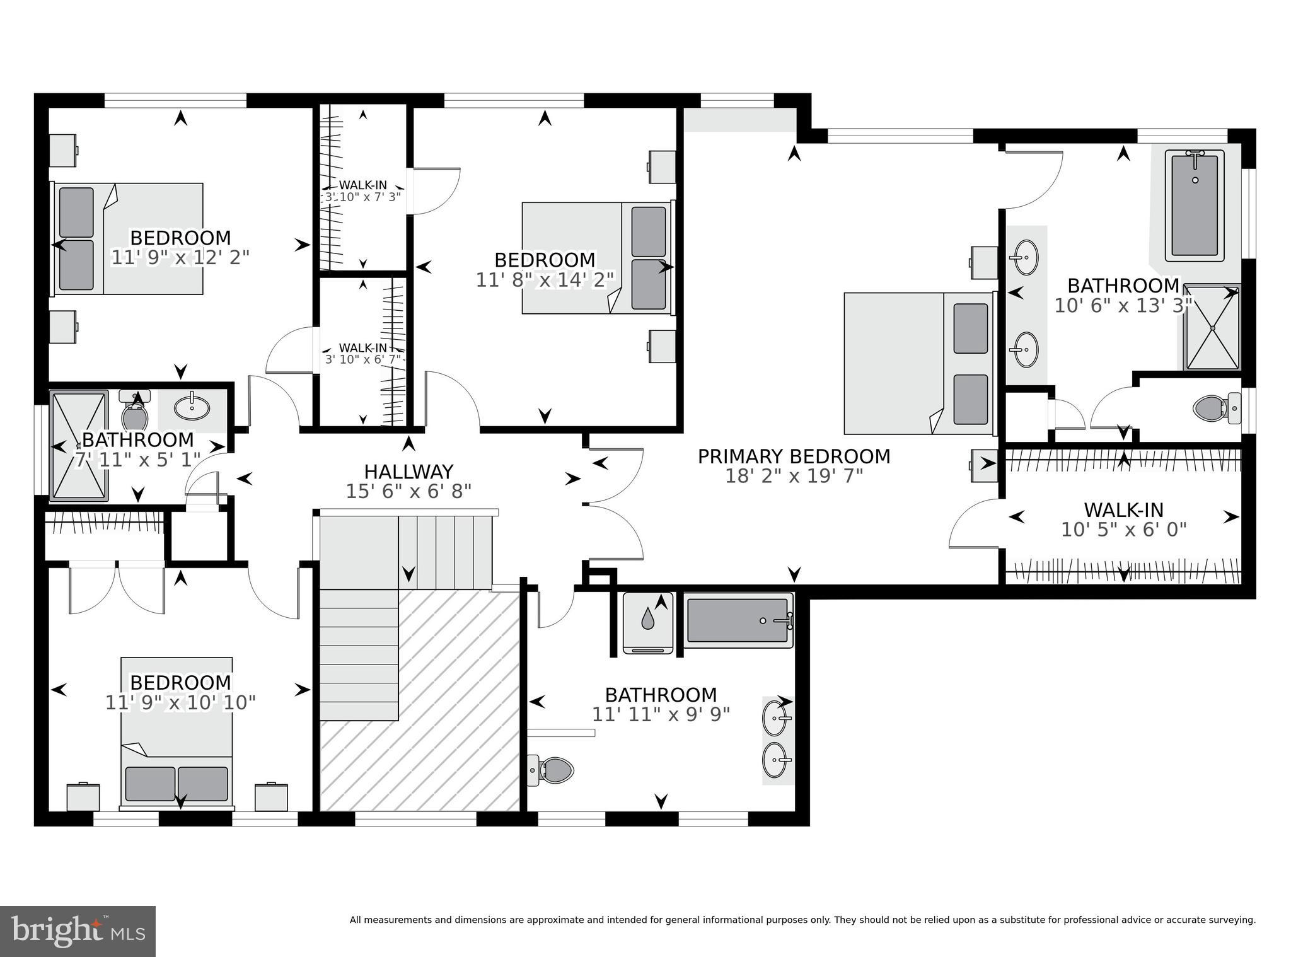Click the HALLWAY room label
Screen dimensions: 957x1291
[x=408, y=472]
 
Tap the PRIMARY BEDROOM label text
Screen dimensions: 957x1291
[x=794, y=456]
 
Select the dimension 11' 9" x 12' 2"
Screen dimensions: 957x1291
[x=180, y=257]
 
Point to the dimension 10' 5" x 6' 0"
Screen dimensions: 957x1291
[x=1123, y=530]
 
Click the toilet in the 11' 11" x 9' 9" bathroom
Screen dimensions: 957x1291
[x=551, y=770]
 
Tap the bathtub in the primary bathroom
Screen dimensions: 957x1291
[x=1194, y=206]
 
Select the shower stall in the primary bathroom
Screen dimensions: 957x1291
[x=1210, y=328]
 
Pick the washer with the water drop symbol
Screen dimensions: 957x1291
[x=648, y=623]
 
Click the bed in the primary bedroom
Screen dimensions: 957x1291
[x=917, y=363]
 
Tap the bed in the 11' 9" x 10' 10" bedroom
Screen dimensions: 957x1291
[x=177, y=731]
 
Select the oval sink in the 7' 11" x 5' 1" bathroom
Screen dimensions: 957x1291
[x=192, y=408]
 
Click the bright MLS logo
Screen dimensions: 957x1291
[x=78, y=931]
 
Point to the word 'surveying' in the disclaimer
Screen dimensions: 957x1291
[x=1233, y=920]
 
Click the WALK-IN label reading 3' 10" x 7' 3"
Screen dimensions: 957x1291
[x=363, y=190]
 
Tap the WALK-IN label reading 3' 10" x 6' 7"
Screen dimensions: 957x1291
[x=363, y=353]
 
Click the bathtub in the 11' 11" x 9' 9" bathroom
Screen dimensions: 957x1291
[x=738, y=620]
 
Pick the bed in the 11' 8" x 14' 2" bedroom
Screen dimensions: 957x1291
[x=596, y=258]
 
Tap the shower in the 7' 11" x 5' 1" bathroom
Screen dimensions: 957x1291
[x=79, y=446]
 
